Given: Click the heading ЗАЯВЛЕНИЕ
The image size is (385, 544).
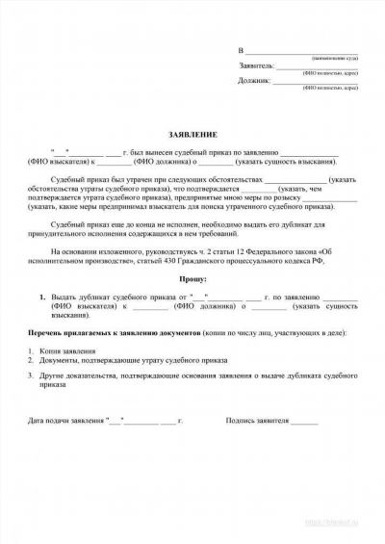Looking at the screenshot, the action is pos(192,138).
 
